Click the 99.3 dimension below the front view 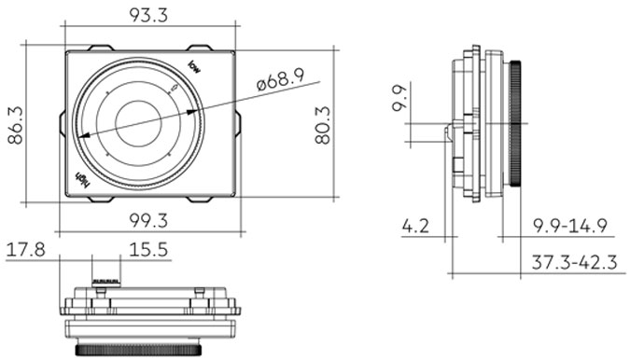[x=148, y=220]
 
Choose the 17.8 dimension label [x=26, y=249]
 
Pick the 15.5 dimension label [x=148, y=249]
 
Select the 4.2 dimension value [x=416, y=225]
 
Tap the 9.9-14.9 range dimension [x=570, y=225]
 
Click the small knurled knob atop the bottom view [x=107, y=279]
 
